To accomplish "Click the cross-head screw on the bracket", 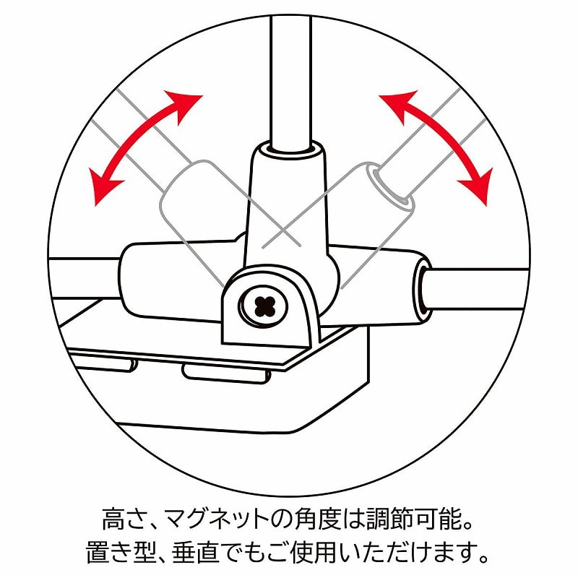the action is [263, 306].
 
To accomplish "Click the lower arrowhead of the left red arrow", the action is [105, 186].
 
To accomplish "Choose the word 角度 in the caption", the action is [314, 519].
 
